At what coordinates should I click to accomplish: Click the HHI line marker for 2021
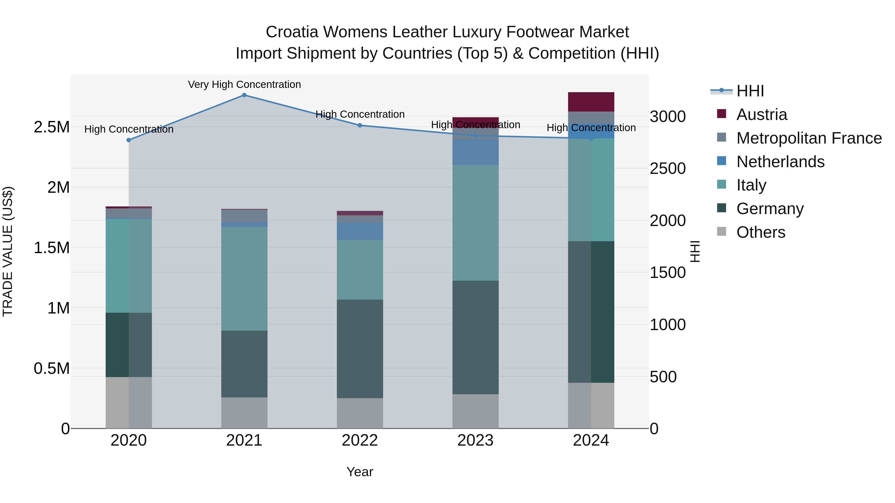tap(244, 95)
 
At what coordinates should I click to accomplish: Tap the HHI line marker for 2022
tap(360, 125)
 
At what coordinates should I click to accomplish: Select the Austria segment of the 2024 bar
tap(591, 102)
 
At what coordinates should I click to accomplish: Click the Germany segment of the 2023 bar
tap(475, 337)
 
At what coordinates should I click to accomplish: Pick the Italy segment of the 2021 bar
tap(244, 278)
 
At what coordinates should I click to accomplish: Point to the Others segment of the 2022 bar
tap(360, 413)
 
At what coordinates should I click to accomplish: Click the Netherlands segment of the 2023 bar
tap(475, 152)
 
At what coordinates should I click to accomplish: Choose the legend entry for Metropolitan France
tap(809, 138)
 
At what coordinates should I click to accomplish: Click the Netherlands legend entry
tap(780, 162)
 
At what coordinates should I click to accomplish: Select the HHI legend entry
tap(750, 91)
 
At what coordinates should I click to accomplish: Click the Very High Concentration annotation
tap(244, 84)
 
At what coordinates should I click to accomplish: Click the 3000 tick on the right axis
tap(668, 117)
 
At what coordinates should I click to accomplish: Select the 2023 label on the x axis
tap(475, 440)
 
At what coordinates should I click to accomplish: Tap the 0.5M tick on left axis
tap(51, 369)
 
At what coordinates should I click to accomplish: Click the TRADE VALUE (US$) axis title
tap(8, 251)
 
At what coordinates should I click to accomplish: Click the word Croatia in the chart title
tap(292, 32)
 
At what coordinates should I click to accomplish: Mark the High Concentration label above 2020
tap(129, 129)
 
